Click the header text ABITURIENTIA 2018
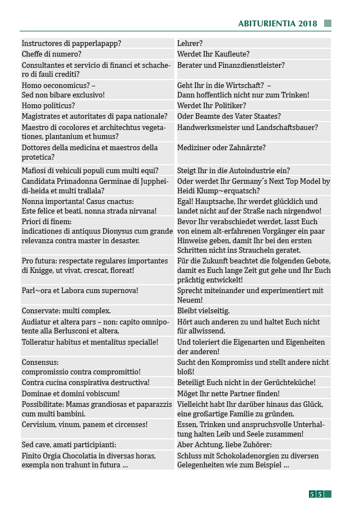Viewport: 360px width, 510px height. tap(278, 24)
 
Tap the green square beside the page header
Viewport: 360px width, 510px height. tap(327, 24)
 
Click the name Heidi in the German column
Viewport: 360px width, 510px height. tap(188, 191)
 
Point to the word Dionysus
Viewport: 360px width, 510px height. tap(123, 231)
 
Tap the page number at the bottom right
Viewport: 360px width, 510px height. tap(316, 494)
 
